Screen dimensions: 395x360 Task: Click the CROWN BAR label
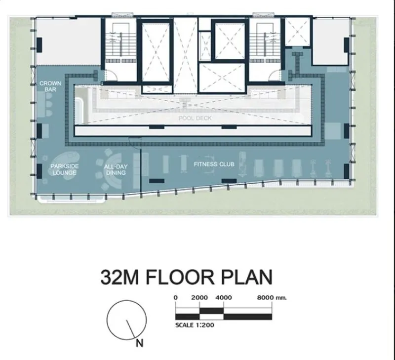pos(50,86)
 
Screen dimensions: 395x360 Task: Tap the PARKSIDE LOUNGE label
pos(65,169)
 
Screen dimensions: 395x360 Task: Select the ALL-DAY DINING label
pos(116,169)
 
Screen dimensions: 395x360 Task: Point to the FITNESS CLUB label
pos(214,164)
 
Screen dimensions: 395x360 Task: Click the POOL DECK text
pos(195,118)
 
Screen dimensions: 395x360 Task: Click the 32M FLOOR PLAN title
pos(187,277)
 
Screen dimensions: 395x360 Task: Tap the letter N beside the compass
pos(140,343)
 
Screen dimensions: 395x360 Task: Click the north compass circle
pos(127,300)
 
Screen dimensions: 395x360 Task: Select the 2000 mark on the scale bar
pos(199,297)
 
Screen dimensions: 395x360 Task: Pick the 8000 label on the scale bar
pos(265,297)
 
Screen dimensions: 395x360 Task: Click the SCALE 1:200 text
pos(195,325)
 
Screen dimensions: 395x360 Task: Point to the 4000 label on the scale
pos(224,297)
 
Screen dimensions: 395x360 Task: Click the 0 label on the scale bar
pos(176,297)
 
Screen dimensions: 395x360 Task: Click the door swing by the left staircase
pos(111,75)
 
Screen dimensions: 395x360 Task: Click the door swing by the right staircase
pos(275,75)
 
